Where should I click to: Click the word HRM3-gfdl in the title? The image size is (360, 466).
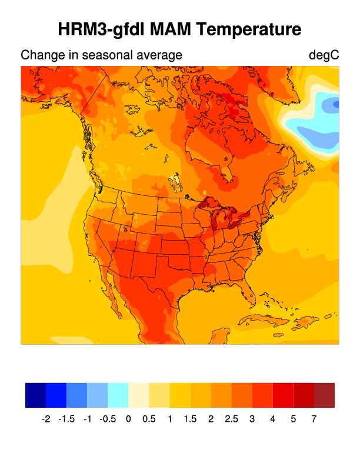(x=100, y=29)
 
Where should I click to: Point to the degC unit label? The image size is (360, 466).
(x=324, y=55)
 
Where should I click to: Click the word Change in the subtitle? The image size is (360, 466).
(x=40, y=55)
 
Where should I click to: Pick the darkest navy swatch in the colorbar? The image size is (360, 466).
(x=35, y=395)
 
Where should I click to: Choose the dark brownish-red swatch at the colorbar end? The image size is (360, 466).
(x=324, y=395)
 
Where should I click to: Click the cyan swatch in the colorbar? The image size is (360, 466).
(x=118, y=395)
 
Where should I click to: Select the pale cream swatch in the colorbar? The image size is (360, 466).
(x=139, y=395)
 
